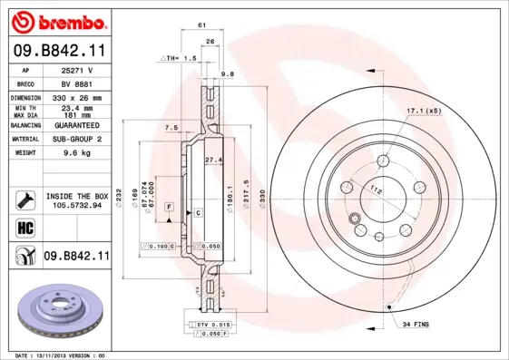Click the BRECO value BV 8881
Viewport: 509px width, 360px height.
tap(75, 82)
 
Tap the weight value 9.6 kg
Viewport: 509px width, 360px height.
tap(74, 154)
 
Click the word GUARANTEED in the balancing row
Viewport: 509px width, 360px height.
tap(75, 126)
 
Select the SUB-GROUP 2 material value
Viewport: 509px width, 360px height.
tap(75, 140)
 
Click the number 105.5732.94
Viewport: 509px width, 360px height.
tap(76, 205)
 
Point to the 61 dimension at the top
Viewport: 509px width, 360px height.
tap(199, 27)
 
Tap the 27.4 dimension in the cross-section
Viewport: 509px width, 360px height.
tap(213, 160)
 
